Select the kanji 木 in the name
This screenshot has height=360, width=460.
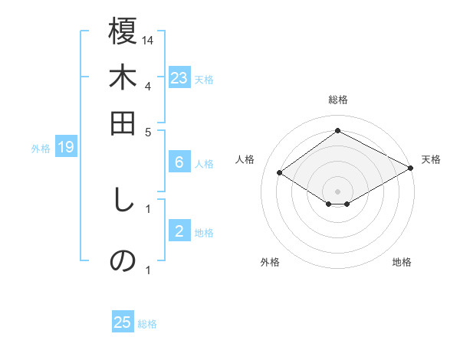tap(123, 79)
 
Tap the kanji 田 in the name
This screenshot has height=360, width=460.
tap(123, 123)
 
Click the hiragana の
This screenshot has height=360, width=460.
tap(123, 260)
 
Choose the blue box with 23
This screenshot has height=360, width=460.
tap(179, 78)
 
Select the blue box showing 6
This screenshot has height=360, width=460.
tap(179, 162)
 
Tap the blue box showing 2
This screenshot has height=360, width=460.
tap(179, 231)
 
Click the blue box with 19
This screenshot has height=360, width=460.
tap(66, 147)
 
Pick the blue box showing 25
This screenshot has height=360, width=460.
tap(123, 322)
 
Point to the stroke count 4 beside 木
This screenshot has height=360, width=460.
tap(148, 86)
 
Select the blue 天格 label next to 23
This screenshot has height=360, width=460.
tap(204, 79)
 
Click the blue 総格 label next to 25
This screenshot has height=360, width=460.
tap(147, 324)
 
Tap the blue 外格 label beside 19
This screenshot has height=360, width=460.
tap(41, 149)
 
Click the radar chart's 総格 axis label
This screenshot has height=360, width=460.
tap(337, 100)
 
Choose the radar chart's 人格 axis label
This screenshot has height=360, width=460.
tap(245, 159)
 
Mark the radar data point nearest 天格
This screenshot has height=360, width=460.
tap(412, 170)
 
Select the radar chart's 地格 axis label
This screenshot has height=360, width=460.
tap(402, 262)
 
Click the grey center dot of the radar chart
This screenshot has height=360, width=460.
tap(337, 191)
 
